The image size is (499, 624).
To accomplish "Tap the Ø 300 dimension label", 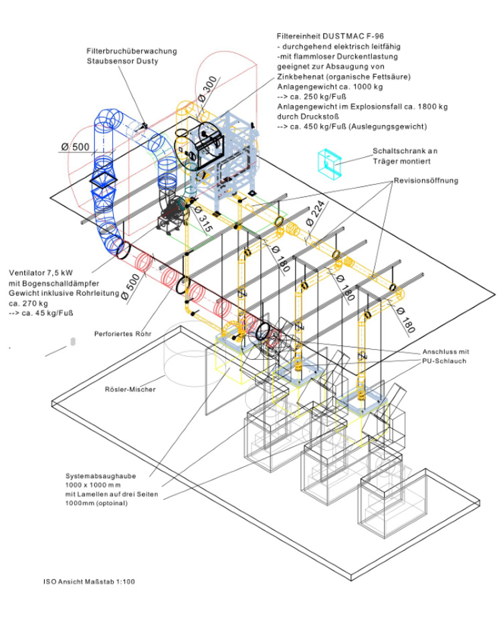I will [207, 92].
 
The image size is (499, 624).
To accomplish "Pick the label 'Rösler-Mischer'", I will [130, 389].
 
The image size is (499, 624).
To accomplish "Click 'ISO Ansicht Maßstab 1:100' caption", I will [85, 581].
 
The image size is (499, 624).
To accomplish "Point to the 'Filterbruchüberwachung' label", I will [123, 51].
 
